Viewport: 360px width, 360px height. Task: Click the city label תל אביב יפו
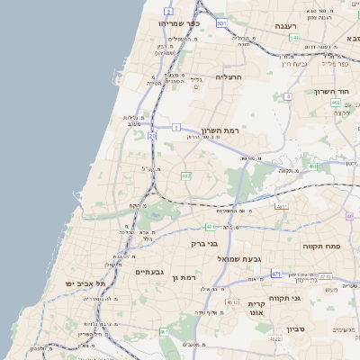(x=85, y=283)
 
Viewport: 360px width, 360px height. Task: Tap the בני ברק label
(x=206, y=243)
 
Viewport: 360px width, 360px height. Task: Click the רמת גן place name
(x=182, y=278)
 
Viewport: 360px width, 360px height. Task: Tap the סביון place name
(x=298, y=329)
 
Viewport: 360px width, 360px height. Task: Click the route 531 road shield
(x=221, y=24)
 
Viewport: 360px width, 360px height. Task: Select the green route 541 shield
(x=294, y=37)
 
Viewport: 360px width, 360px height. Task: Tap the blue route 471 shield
(x=276, y=273)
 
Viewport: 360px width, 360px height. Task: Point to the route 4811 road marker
(x=283, y=206)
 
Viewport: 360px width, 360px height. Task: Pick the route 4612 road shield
(x=233, y=302)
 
